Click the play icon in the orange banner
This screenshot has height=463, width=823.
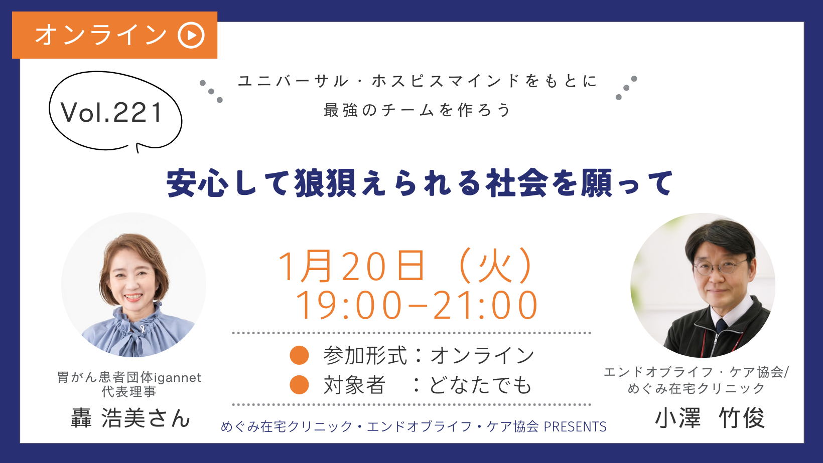click(191, 35)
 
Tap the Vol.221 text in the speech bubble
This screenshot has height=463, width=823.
click(112, 113)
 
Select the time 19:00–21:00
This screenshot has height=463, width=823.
click(417, 305)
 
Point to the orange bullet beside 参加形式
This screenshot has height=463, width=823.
click(299, 355)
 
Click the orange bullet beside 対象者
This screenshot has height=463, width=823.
click(299, 385)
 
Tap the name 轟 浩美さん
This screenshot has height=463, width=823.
click(130, 418)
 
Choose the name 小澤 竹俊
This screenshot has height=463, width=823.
click(710, 418)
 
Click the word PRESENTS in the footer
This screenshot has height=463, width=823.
click(575, 427)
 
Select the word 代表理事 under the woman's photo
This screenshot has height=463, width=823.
click(129, 392)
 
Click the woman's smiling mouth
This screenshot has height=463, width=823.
click(133, 297)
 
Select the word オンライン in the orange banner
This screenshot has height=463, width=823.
click(101, 35)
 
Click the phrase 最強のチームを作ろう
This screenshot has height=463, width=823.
click(417, 110)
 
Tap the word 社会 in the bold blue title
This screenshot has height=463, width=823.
click(516, 183)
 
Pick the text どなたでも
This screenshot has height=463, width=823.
click(480, 385)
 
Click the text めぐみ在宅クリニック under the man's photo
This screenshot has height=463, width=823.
click(696, 388)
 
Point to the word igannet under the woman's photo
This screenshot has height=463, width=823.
click(177, 378)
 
